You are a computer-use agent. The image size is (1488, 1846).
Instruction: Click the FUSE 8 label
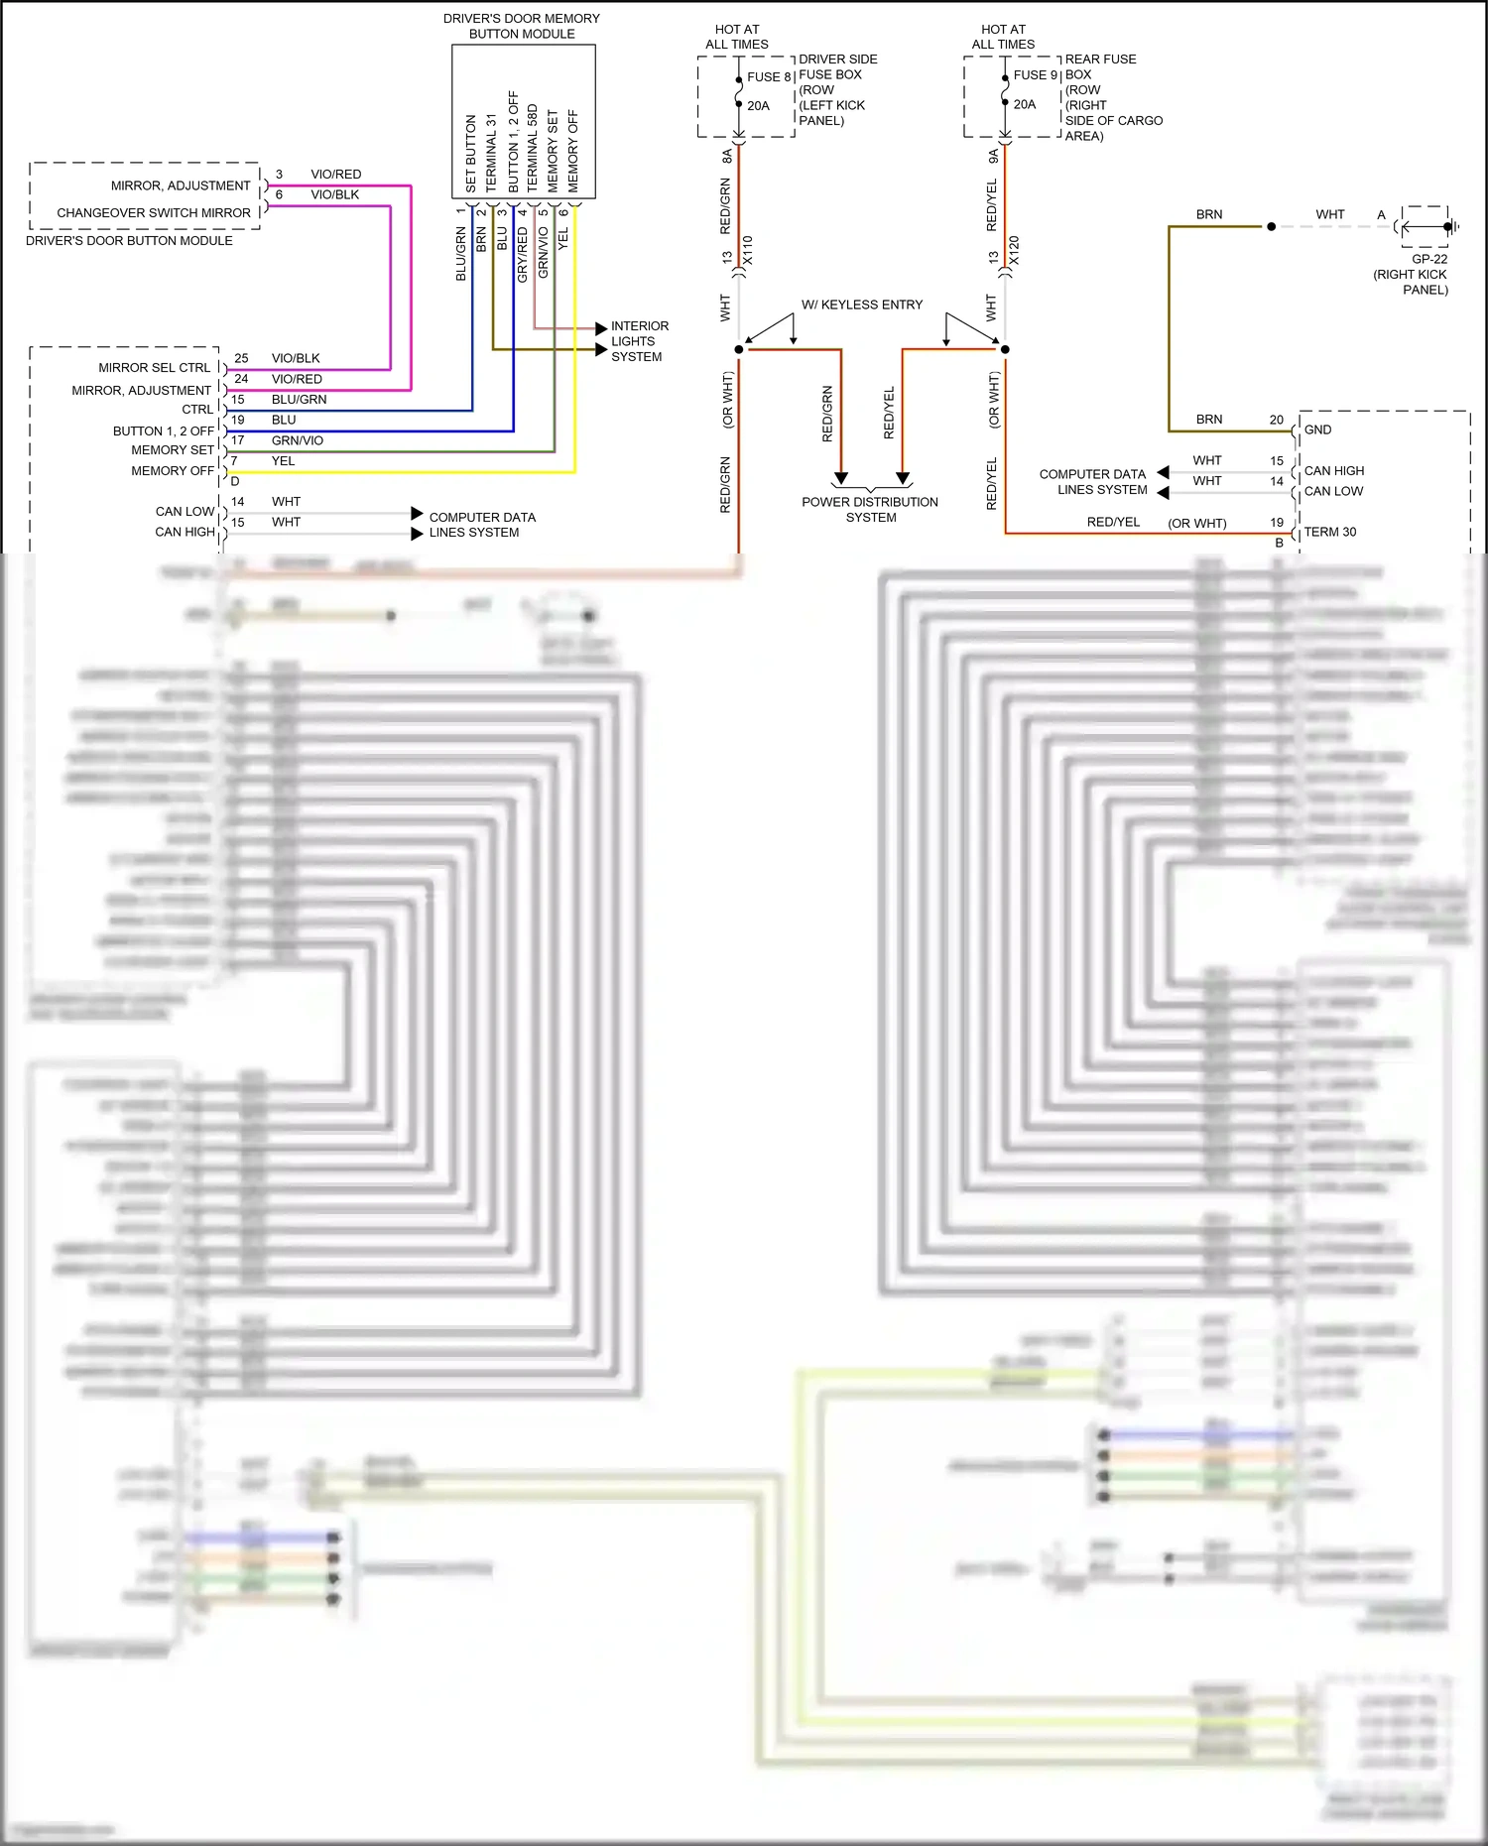[x=769, y=76]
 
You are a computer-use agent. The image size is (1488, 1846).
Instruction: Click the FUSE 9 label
[x=1035, y=75]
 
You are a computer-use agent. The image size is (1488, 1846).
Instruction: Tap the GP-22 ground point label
[x=1429, y=259]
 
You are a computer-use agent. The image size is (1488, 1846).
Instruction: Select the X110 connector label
[x=747, y=250]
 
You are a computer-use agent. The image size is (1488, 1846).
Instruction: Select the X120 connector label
[x=1013, y=250]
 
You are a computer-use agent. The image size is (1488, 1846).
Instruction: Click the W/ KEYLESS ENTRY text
[x=861, y=305]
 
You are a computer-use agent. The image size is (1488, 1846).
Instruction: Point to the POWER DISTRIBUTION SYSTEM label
[x=870, y=509]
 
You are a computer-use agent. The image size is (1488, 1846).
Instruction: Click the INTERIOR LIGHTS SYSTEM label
[x=639, y=341]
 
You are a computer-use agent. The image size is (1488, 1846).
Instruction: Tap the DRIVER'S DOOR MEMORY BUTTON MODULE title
[x=522, y=26]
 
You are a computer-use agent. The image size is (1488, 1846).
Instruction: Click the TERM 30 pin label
[x=1329, y=532]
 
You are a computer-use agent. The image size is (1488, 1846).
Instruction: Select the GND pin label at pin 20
[x=1317, y=430]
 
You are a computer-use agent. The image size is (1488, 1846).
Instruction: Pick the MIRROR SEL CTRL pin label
[x=155, y=367]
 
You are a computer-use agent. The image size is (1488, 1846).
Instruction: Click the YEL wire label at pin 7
[x=283, y=460]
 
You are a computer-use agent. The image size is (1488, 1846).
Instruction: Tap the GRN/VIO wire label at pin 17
[x=297, y=440]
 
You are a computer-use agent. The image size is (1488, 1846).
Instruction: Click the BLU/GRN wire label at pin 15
[x=299, y=399]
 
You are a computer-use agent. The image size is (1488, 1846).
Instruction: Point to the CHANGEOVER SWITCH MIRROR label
[x=154, y=212]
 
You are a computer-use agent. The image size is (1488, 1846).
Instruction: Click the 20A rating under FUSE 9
[x=1025, y=104]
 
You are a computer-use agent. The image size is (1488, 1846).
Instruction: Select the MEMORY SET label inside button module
[x=553, y=150]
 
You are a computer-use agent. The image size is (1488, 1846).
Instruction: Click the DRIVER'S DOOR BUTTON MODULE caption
[x=129, y=240]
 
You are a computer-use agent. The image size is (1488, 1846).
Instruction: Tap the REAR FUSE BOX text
[x=1099, y=66]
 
